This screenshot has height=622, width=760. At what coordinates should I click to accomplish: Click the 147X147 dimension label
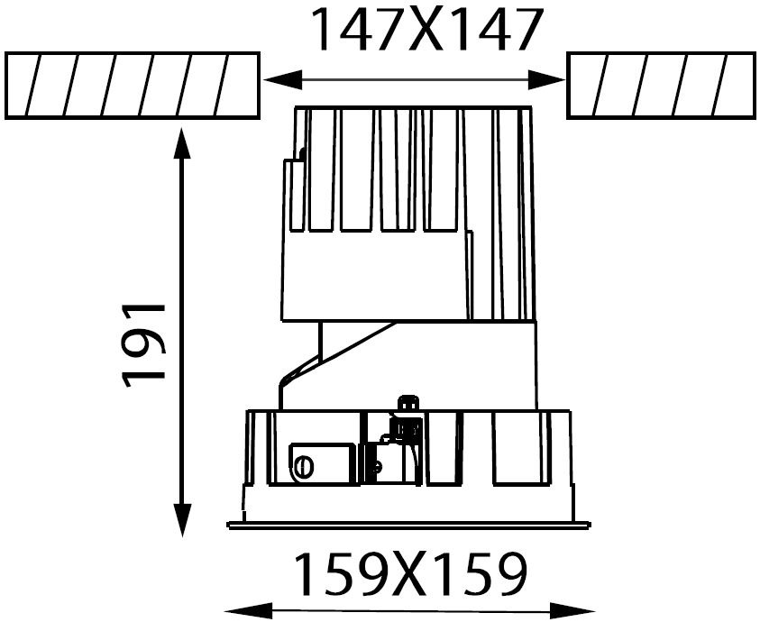click(x=425, y=30)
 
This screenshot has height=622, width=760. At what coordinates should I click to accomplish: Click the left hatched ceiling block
click(x=133, y=86)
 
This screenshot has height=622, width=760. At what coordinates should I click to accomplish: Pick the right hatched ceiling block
click(x=661, y=86)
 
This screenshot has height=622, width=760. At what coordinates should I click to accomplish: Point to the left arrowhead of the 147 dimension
click(x=283, y=79)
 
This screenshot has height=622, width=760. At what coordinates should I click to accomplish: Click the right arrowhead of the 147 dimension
click(x=546, y=79)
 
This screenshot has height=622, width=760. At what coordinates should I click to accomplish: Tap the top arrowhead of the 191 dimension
click(x=182, y=143)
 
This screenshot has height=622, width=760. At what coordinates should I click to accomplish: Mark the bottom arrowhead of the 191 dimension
click(x=182, y=520)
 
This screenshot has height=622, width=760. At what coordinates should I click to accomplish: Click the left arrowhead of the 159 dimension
click(x=249, y=610)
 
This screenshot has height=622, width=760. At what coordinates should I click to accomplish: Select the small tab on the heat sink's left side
click(x=294, y=195)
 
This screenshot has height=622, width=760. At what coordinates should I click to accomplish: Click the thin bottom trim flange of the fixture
click(x=409, y=525)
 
